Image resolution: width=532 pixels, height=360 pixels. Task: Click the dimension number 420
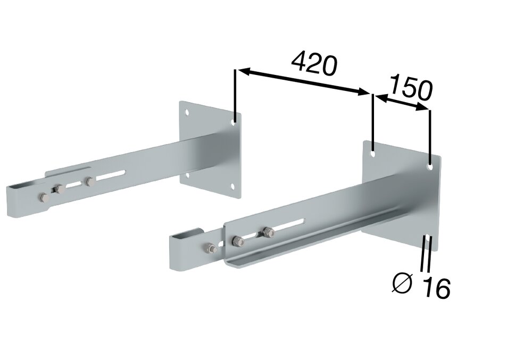pyautogui.click(x=315, y=63)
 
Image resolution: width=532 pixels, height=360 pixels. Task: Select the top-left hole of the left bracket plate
pyautogui.click(x=187, y=112)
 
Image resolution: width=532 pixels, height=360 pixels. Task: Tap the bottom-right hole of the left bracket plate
pyautogui.click(x=232, y=186)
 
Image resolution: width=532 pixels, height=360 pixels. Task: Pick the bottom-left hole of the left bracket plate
pyautogui.click(x=187, y=174)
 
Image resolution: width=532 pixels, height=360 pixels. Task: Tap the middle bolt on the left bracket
pyautogui.click(x=58, y=188)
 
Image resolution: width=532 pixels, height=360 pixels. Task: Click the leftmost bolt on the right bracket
pyautogui.click(x=210, y=248)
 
